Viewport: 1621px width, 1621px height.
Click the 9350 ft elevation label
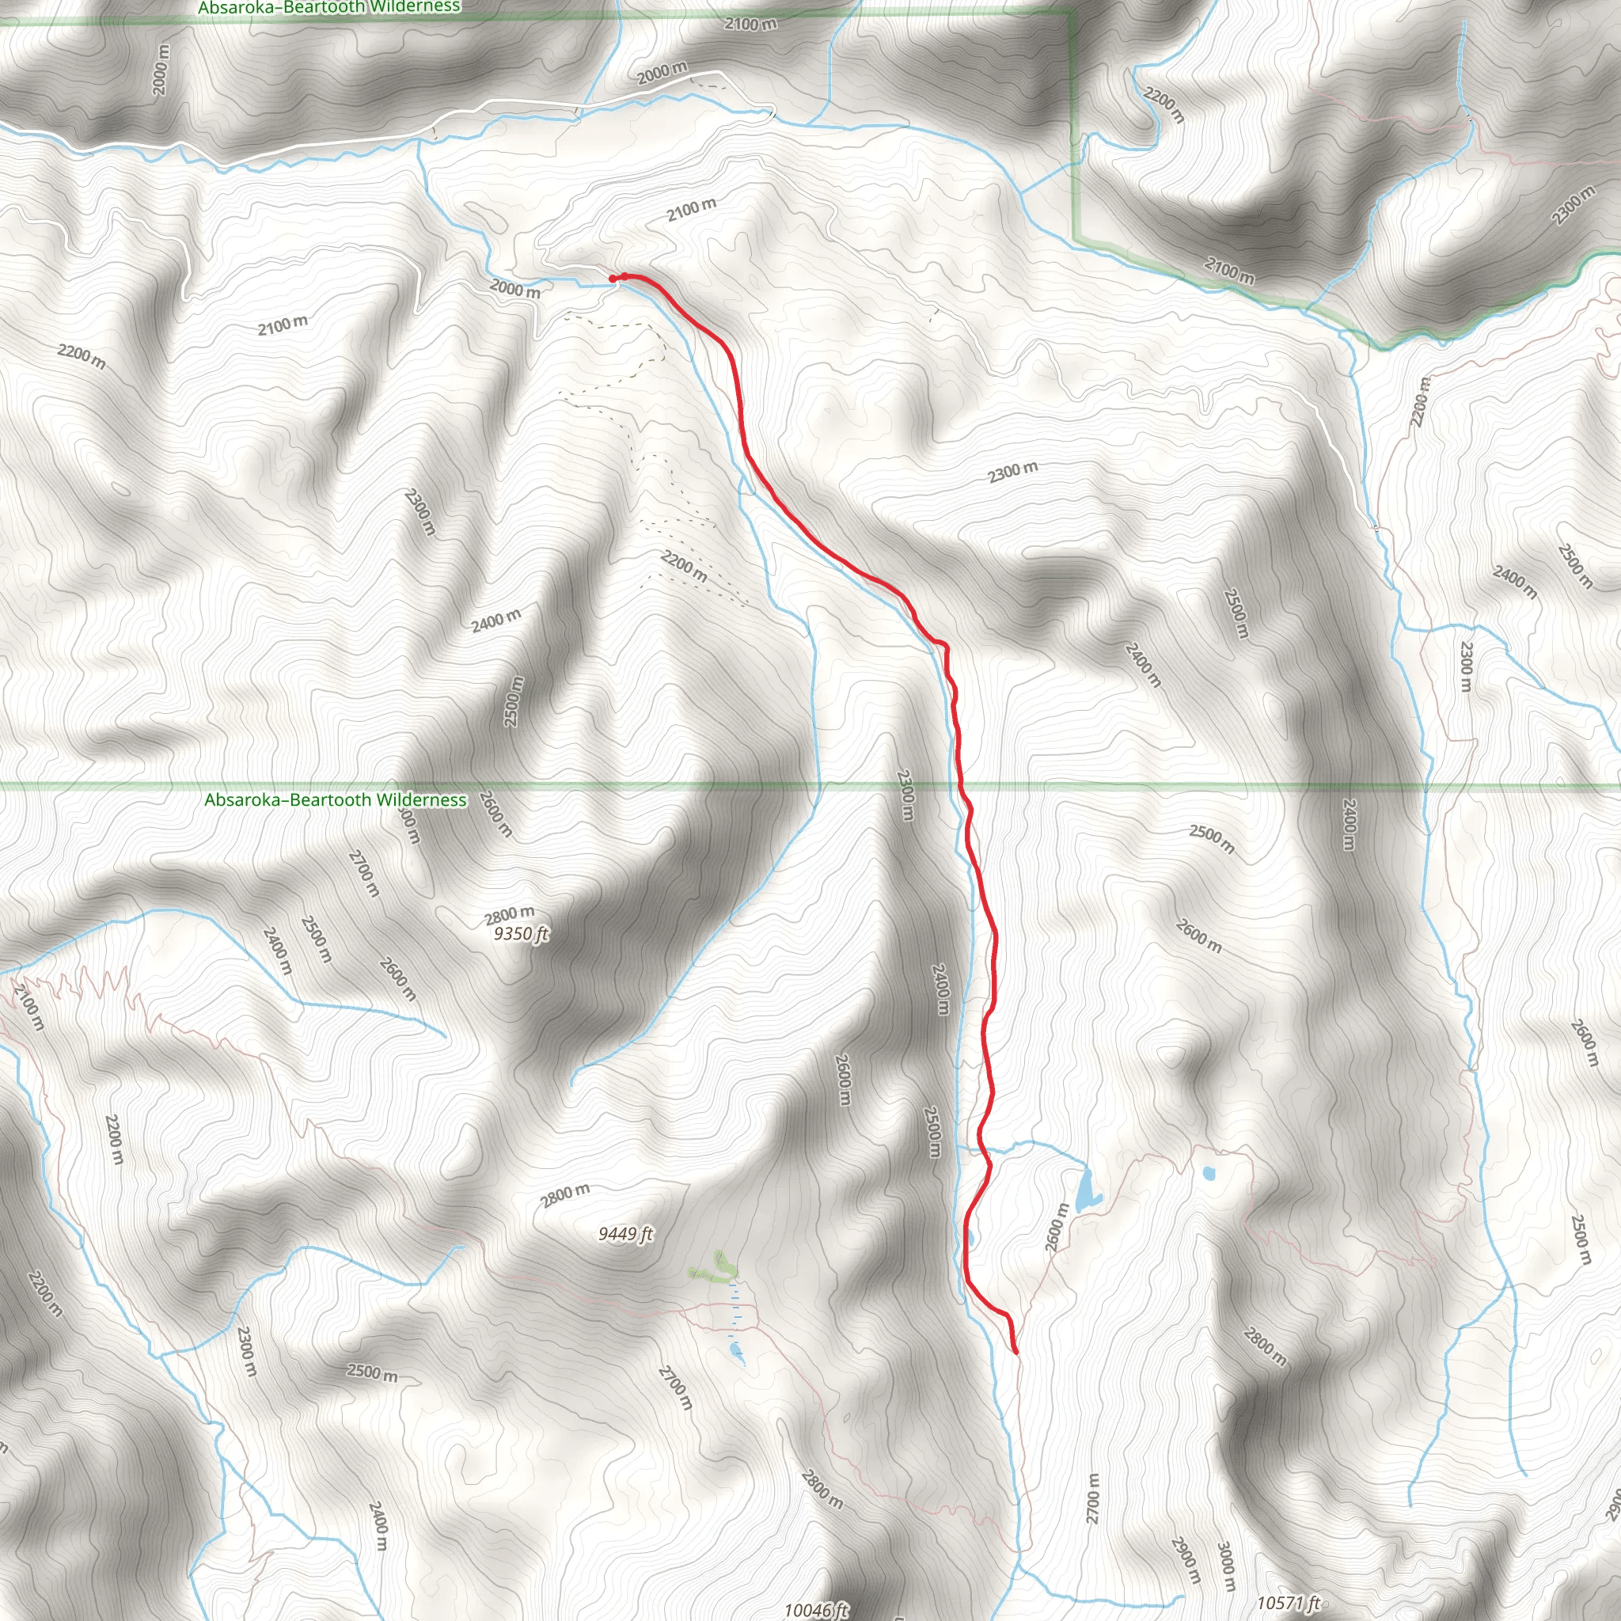point(520,934)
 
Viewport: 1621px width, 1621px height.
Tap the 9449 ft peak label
point(625,1233)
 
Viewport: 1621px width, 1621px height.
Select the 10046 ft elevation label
point(815,1609)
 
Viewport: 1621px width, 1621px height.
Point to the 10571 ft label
point(1289,1604)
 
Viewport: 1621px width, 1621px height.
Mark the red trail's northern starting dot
point(613,278)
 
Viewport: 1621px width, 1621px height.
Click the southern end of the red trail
point(1015,1352)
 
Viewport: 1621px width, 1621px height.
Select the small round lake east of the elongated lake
point(1209,1173)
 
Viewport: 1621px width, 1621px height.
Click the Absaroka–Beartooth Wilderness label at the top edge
point(329,8)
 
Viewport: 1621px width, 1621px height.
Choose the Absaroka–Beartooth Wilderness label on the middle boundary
point(335,799)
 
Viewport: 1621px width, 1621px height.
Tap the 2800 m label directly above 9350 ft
point(509,913)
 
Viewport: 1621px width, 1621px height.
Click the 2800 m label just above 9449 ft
point(564,1194)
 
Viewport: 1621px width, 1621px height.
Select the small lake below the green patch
point(736,1350)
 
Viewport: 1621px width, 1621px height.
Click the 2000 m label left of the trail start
point(514,290)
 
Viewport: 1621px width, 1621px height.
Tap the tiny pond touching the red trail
point(970,1238)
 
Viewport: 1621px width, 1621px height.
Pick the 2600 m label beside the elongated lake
point(1057,1228)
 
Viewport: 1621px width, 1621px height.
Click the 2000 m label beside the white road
point(661,73)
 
